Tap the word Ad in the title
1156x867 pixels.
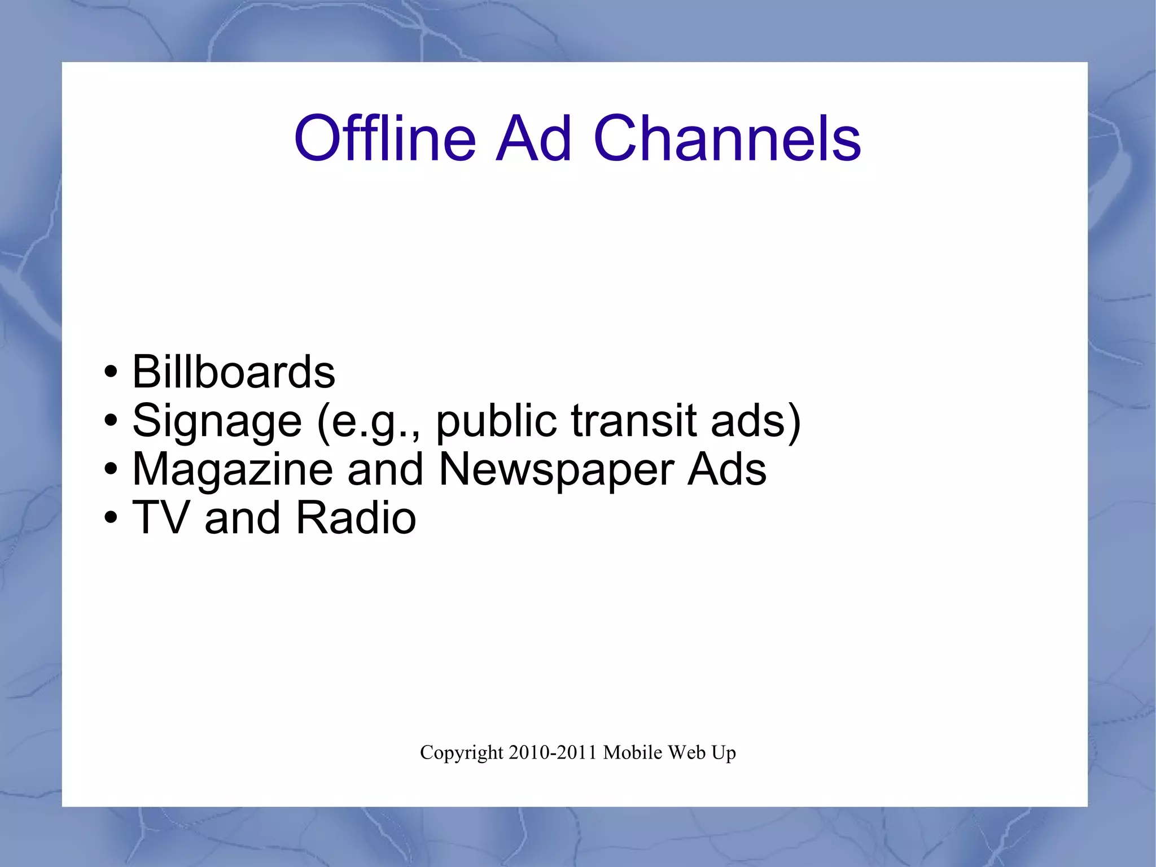point(533,138)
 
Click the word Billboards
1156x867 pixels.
point(234,372)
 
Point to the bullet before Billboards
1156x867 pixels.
point(111,373)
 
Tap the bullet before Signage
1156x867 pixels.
point(111,421)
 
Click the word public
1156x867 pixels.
point(497,421)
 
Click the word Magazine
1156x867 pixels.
point(233,469)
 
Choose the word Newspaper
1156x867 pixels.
point(556,469)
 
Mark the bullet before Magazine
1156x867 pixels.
point(111,470)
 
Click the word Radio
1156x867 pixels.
point(356,517)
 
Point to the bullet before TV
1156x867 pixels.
point(111,519)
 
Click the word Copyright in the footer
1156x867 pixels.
point(461,753)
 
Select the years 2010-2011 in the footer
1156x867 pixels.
point(553,752)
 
